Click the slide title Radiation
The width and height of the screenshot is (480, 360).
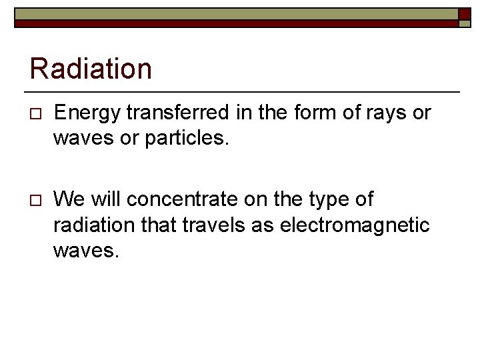pyautogui.click(x=91, y=69)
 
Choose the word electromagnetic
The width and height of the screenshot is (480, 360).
pyautogui.click(x=355, y=225)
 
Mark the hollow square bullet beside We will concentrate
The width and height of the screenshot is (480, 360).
pyautogui.click(x=35, y=200)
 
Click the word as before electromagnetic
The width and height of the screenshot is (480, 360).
pyautogui.click(x=265, y=225)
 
